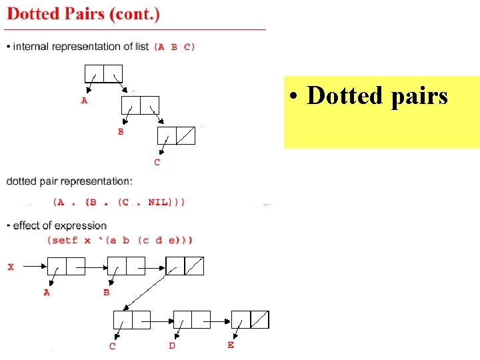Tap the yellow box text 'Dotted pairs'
[x=377, y=96]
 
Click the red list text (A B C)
[x=175, y=47]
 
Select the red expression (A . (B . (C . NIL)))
[x=119, y=201]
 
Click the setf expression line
[x=120, y=240]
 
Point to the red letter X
[x=11, y=267]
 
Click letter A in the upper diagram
[x=84, y=101]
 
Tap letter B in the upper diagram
[x=121, y=132]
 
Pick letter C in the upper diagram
[x=157, y=162]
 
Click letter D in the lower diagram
[x=172, y=345]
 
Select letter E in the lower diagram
[x=231, y=345]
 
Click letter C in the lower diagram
[x=112, y=346]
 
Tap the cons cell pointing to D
[x=191, y=320]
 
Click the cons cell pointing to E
[x=250, y=320]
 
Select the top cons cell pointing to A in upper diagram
[x=104, y=73]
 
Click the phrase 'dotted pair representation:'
[x=69, y=181]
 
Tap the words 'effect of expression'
[x=59, y=225]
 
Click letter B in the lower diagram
[x=107, y=292]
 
